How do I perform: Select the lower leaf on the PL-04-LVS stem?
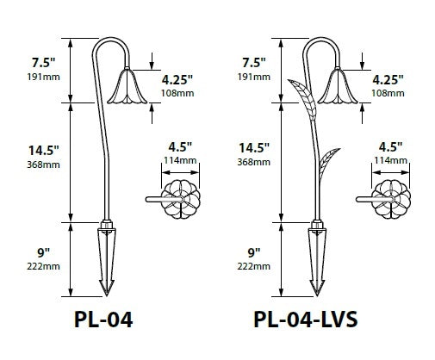(329, 167)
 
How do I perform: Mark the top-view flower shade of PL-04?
(181, 200)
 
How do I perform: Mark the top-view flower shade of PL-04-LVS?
(392, 200)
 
